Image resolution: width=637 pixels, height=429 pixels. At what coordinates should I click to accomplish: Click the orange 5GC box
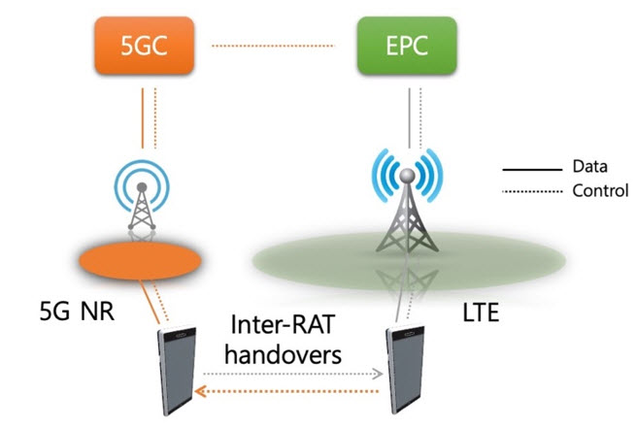[x=145, y=46]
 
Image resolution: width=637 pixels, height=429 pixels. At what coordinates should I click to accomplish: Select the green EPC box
[x=407, y=46]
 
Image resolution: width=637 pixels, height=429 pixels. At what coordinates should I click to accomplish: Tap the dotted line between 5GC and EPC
[x=273, y=46]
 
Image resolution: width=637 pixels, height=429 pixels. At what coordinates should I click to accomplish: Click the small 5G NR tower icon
[x=142, y=196]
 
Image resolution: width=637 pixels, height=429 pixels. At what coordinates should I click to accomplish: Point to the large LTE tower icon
[x=407, y=200]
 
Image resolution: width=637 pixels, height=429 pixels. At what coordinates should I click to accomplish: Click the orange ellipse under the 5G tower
[x=140, y=261]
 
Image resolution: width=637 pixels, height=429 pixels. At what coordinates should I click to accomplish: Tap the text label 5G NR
[x=77, y=312]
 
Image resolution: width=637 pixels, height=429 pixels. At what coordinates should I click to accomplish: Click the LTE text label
[x=481, y=313]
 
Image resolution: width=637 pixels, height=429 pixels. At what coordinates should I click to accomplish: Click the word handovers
[x=284, y=354]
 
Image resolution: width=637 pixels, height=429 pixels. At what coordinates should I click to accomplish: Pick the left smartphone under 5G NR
[x=177, y=371]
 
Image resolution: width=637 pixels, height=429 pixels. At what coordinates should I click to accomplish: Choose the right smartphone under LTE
[x=405, y=369]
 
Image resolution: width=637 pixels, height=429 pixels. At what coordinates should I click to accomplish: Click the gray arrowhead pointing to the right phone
[x=379, y=374]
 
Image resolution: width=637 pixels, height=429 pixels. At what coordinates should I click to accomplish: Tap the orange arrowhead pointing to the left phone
[x=200, y=391]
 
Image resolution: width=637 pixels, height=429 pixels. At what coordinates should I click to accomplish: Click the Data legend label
[x=589, y=166]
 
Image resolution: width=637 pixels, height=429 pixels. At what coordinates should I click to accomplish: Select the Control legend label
[x=600, y=190]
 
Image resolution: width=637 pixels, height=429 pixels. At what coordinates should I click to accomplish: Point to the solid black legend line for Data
[x=532, y=170]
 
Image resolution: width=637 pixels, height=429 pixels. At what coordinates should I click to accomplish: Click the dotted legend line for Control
[x=532, y=191]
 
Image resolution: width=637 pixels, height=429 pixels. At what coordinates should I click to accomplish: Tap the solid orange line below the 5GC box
[x=143, y=118]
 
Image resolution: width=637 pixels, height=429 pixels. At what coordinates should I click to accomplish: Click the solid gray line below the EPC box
[x=409, y=118]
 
